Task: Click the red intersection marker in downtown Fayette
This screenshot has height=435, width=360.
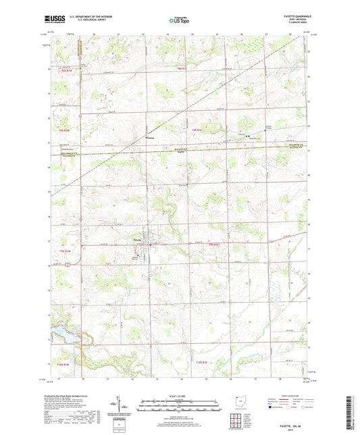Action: pyautogui.click(x=151, y=244)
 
